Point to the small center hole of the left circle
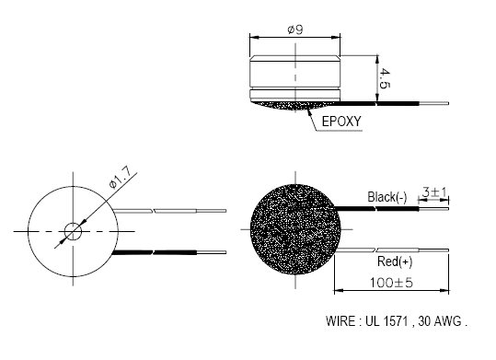click(71, 229)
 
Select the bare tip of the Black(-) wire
click(434, 210)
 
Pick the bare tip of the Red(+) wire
click(434, 250)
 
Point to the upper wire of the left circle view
click(175, 210)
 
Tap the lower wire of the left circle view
click(175, 250)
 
